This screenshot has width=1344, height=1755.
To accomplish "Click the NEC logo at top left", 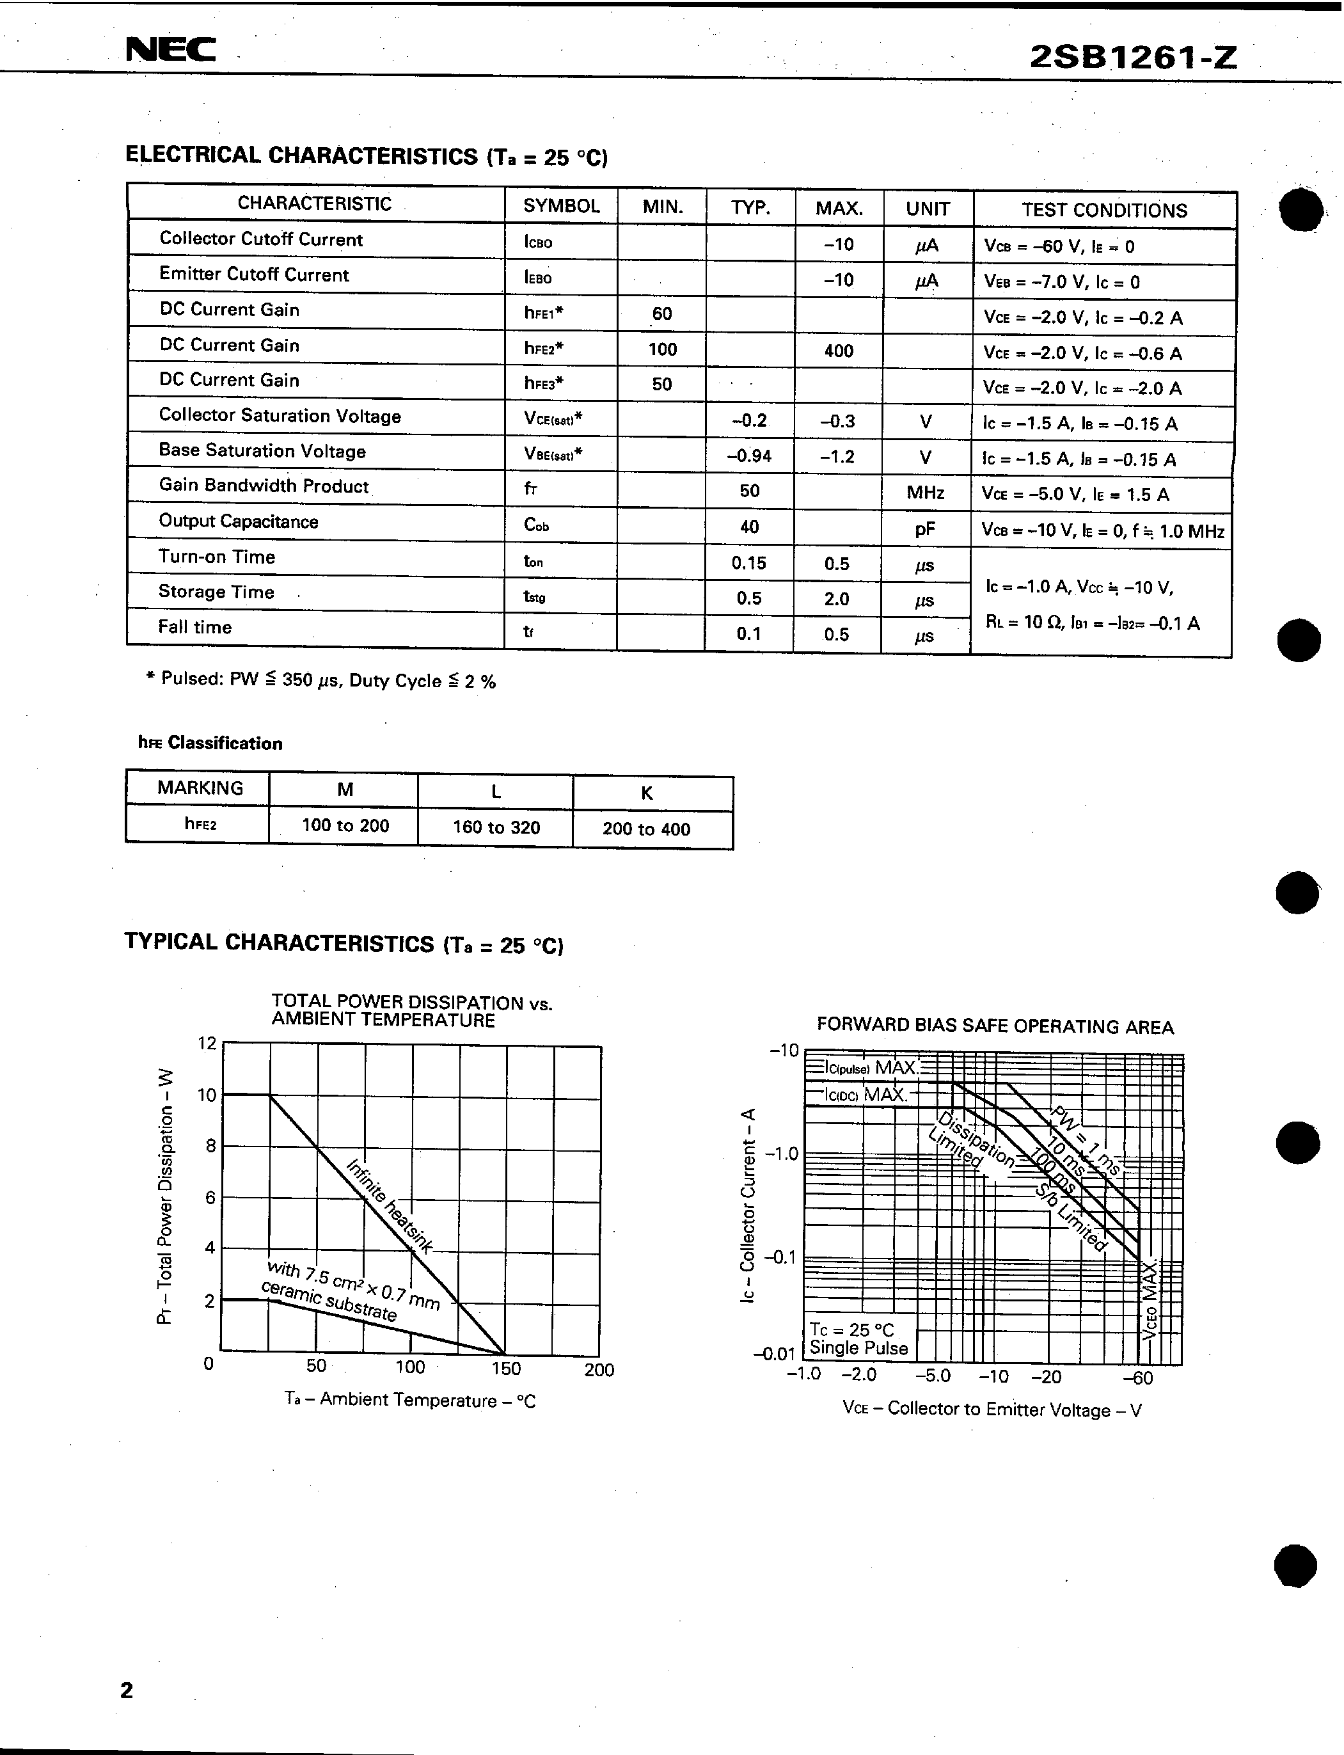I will [170, 51].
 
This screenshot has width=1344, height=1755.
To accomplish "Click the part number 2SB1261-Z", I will [1132, 57].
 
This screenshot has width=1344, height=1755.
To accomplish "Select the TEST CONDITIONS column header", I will [1103, 210].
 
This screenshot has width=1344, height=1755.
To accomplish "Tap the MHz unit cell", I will [925, 493].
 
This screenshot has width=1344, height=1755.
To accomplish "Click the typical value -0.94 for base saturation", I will [749, 456].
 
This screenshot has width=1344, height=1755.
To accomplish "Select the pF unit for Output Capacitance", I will [925, 528].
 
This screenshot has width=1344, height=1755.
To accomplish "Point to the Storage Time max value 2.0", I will [836, 599].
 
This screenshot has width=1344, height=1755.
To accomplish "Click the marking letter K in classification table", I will [646, 793].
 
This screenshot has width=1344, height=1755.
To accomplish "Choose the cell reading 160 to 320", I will [496, 827].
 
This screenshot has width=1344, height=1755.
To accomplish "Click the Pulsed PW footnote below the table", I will [320, 681].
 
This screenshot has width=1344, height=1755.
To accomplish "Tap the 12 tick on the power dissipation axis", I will [207, 1043].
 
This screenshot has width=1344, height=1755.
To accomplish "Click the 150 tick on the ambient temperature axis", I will [505, 1369].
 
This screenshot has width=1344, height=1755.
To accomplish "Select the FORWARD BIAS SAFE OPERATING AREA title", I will [994, 1026].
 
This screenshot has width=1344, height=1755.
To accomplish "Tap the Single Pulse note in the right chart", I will [858, 1348].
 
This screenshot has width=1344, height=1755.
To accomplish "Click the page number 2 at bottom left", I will [127, 1690].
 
